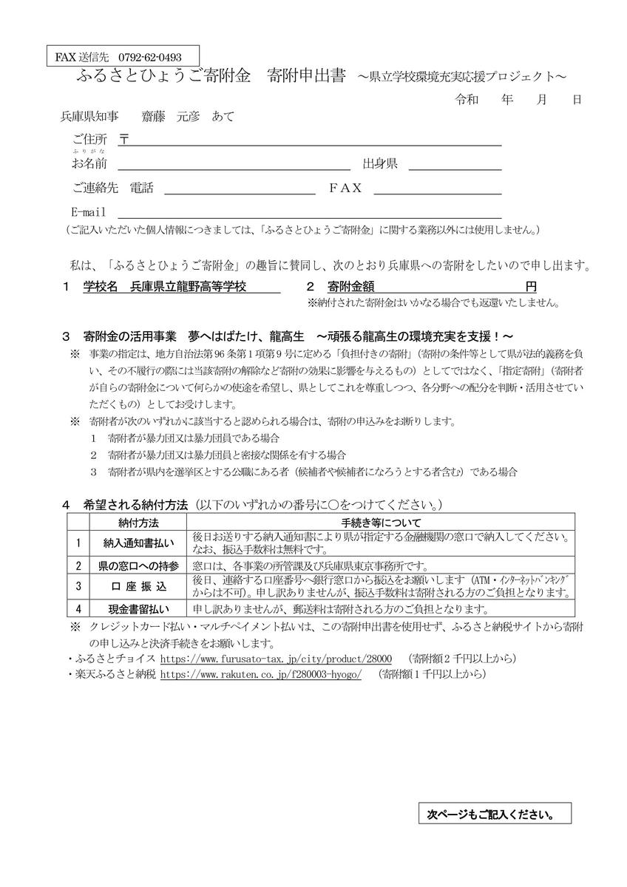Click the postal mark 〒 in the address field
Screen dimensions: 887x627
tap(124, 139)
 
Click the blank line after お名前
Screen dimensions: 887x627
tap(234, 164)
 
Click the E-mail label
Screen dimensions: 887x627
tap(89, 212)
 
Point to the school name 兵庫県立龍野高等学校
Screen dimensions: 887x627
tap(188, 287)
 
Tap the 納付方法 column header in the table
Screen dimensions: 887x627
tap(138, 523)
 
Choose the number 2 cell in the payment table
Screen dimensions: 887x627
tap(78, 565)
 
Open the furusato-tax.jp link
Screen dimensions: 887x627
tap(276, 658)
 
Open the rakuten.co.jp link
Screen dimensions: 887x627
tap(260, 674)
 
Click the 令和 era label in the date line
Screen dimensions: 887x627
tap(467, 98)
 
